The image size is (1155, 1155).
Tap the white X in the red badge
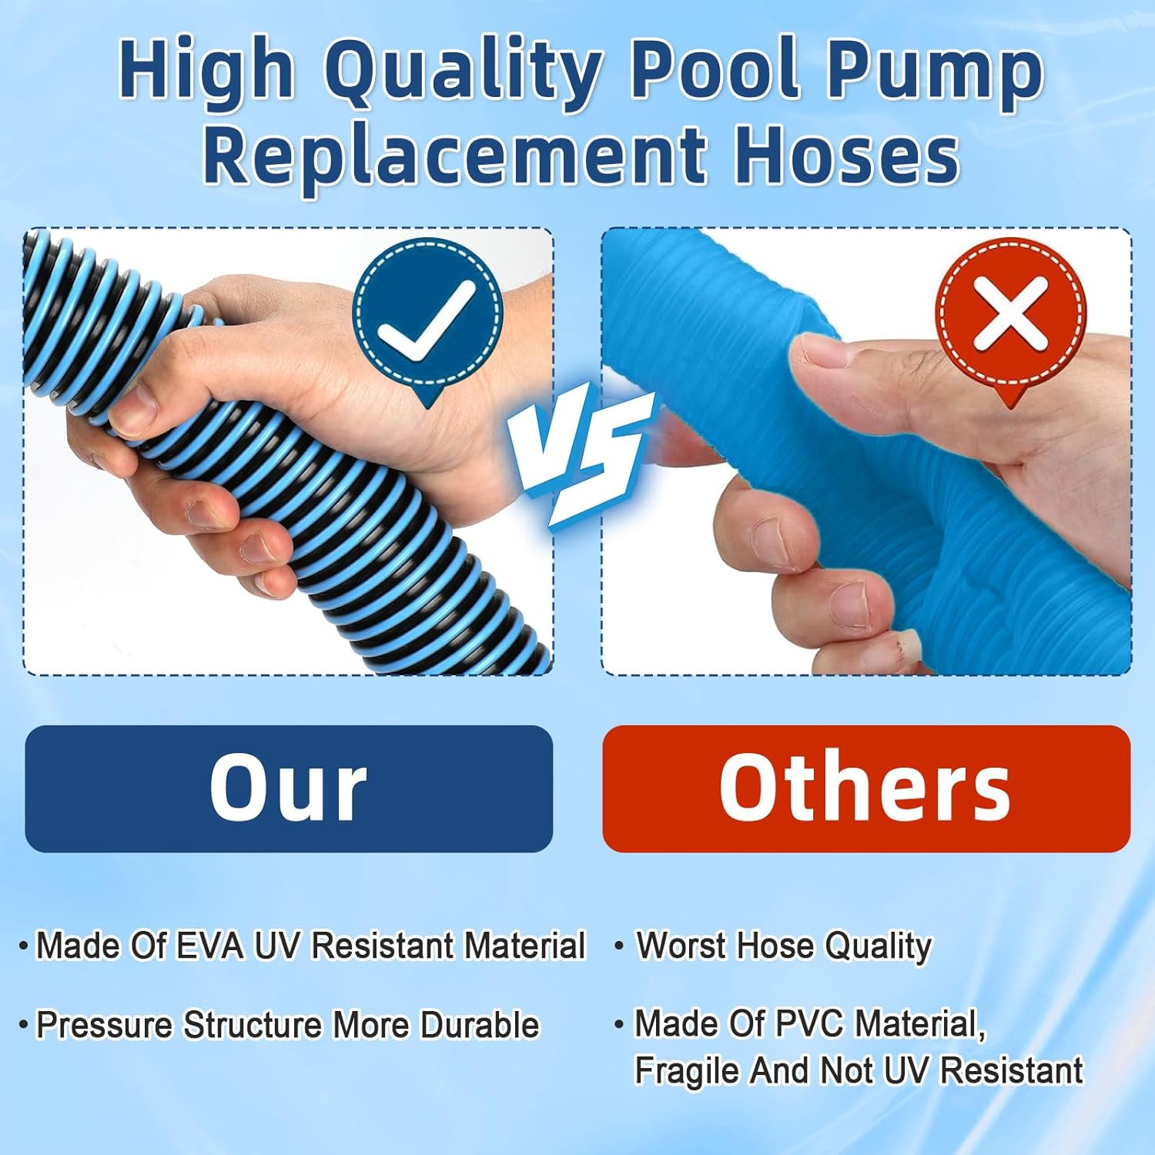pyautogui.click(x=1010, y=313)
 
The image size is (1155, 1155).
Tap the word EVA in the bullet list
pyautogui.click(x=209, y=946)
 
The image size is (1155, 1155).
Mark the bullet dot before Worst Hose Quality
pyautogui.click(x=618, y=946)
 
